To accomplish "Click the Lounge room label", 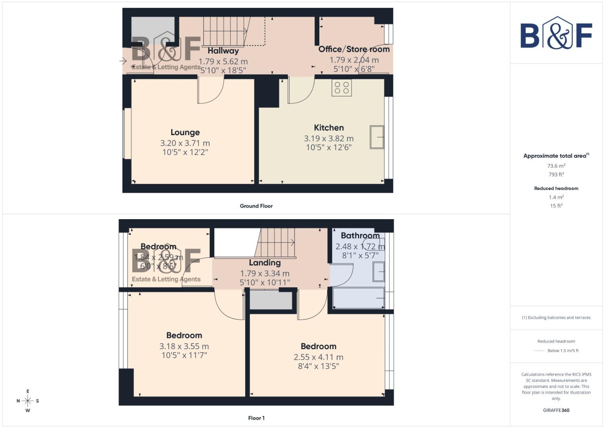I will tap(185, 132).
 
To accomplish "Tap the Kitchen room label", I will tap(329, 128).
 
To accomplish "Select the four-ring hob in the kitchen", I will tap(342, 88).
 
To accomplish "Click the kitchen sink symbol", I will tap(377, 137).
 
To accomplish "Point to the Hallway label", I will tap(223, 51).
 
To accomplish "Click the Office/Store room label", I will tap(354, 49).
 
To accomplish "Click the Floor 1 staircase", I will tap(277, 242).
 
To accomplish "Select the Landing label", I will tap(265, 263).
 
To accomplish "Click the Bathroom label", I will tap(360, 235).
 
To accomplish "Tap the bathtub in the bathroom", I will tap(359, 298).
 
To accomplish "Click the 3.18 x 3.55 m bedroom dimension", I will tap(184, 346).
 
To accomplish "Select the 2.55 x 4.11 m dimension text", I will tap(319, 357).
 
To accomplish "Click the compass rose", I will tap(28, 401).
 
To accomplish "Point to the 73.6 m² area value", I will tap(556, 166).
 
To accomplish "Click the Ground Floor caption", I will tap(256, 206).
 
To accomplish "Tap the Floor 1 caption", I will tap(256, 418).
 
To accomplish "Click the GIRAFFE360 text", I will tap(556, 410).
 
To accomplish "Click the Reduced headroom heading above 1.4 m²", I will tap(556, 189).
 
